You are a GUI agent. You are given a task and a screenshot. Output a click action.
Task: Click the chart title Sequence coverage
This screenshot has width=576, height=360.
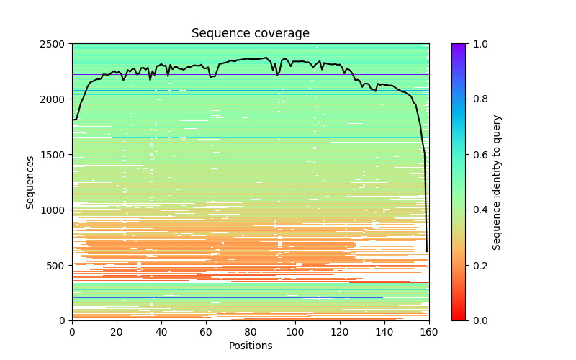click(x=251, y=34)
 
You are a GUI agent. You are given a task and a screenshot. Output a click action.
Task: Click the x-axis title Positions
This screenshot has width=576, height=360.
click(x=251, y=346)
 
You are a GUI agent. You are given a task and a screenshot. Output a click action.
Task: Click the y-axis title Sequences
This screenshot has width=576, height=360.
click(x=30, y=182)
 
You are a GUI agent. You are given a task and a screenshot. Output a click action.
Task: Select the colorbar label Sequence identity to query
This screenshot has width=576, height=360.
click(x=497, y=182)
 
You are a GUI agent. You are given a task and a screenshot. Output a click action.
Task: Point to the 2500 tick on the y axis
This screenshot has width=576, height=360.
click(x=55, y=44)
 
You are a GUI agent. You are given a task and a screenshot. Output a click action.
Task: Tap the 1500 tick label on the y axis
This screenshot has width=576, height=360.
click(x=55, y=155)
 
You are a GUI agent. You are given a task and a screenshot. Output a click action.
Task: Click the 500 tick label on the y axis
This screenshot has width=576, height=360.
click(x=58, y=266)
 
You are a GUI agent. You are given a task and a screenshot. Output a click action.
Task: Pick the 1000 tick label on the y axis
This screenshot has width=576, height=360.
click(x=55, y=210)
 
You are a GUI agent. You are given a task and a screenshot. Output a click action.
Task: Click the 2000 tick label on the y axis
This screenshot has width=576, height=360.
click(x=55, y=99)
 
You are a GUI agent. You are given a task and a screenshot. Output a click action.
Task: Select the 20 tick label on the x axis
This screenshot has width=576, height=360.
click(x=117, y=331)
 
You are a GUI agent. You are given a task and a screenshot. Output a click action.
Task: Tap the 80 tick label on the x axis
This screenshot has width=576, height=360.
click(x=251, y=331)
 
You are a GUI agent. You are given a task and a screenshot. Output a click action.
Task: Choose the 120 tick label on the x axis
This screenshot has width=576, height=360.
click(x=340, y=331)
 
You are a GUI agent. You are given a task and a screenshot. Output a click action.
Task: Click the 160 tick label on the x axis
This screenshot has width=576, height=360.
click(x=429, y=331)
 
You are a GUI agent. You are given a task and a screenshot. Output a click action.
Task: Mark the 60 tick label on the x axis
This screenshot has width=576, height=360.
click(x=206, y=331)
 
